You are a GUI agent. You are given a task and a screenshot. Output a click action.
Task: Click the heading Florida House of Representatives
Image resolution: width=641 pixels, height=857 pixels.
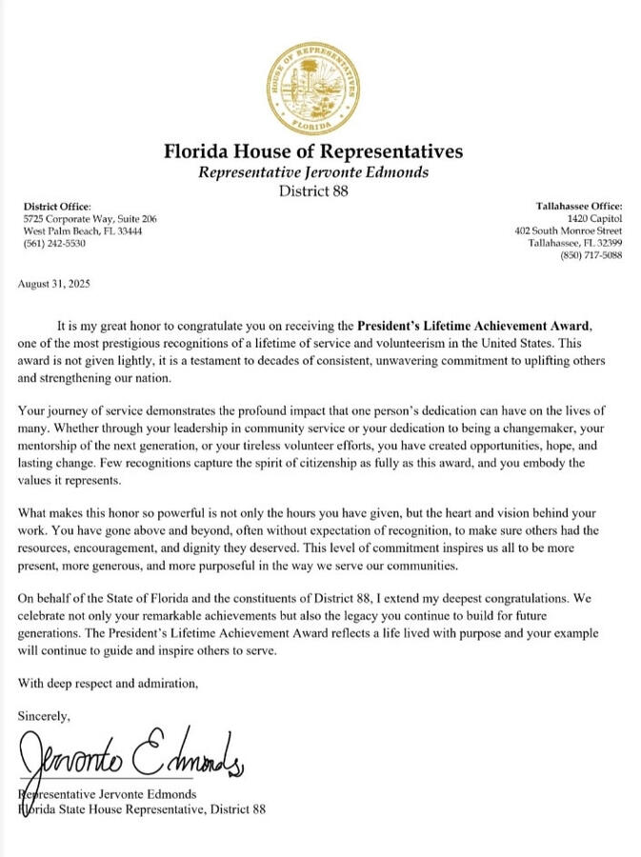tap(313, 151)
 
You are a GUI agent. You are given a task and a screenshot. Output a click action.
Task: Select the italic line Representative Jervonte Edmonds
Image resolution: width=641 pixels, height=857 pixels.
tap(313, 172)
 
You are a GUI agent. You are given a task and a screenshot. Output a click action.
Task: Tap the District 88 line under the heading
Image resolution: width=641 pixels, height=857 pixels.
tap(313, 190)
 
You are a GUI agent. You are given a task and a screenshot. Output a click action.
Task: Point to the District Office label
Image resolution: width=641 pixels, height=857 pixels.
tap(57, 206)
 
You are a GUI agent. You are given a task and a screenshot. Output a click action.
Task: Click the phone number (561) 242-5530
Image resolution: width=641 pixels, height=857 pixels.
tap(54, 244)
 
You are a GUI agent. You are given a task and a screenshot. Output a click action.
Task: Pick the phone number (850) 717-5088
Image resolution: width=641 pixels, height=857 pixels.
tap(591, 255)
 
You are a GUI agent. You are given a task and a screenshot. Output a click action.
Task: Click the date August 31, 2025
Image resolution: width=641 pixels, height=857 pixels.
tap(54, 284)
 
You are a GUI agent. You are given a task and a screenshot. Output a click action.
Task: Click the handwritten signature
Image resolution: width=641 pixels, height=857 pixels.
tap(133, 756)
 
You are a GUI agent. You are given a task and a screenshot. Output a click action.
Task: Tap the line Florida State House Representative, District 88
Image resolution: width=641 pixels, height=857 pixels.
tap(143, 809)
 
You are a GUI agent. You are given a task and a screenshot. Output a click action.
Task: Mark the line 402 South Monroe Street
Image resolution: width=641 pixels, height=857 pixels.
tap(568, 230)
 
